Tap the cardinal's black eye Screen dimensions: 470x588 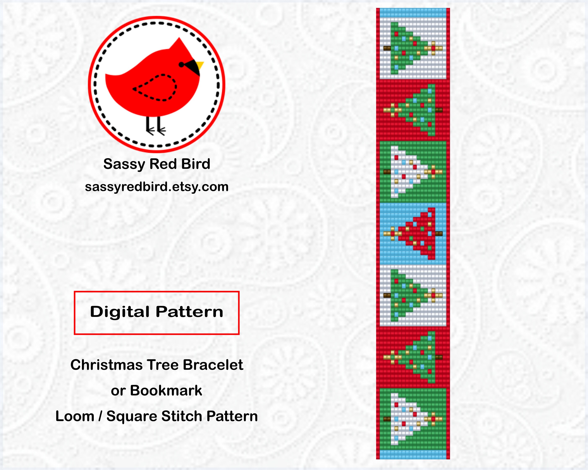click(181, 65)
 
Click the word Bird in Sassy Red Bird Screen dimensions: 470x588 click(196, 164)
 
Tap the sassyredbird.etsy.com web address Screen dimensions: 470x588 click(157, 187)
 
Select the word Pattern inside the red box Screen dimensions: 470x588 click(189, 312)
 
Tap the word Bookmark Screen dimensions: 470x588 click(166, 390)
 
